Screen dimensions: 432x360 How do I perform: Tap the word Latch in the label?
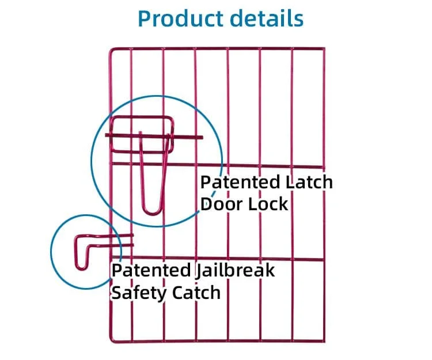(x=309, y=183)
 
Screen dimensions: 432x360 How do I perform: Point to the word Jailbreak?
(x=236, y=270)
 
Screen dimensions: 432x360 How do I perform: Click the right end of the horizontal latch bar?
(x=202, y=138)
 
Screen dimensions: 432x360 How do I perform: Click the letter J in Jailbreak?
(x=200, y=271)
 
